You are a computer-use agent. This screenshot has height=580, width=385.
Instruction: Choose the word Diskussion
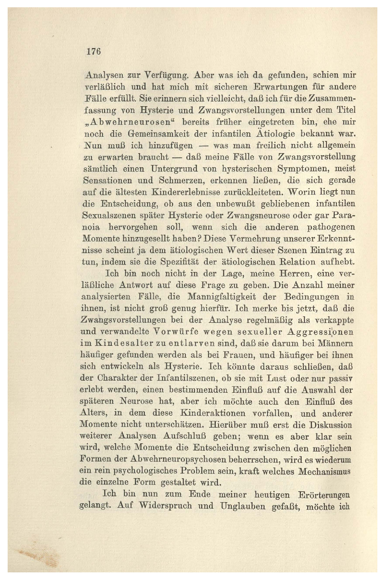coord(330,425)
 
